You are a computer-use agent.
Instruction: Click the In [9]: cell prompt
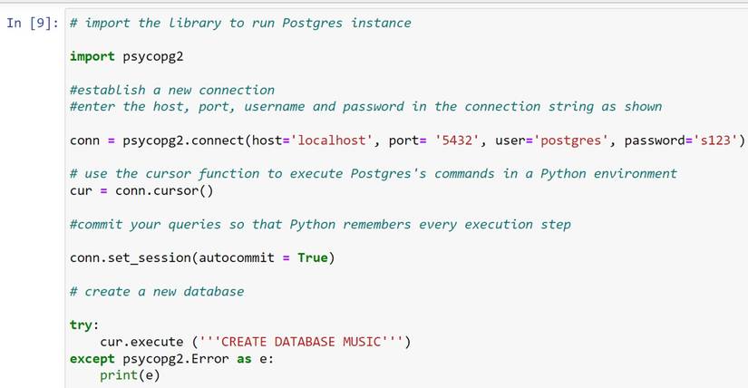(x=33, y=23)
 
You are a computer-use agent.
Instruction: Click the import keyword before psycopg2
(x=92, y=56)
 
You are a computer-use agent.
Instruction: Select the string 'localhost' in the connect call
(x=338, y=141)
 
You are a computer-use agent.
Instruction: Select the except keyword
(x=92, y=358)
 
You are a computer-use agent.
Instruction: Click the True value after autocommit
(x=312, y=257)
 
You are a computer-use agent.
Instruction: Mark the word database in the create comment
(x=206, y=291)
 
